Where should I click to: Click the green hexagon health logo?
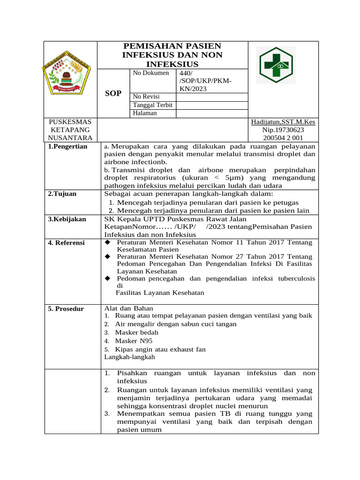277,65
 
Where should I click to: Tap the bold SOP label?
113,93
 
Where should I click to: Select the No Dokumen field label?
150,73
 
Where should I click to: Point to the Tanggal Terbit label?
153,105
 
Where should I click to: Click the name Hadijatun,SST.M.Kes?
283,122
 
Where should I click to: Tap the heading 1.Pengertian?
67,146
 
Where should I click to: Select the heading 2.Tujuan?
62,194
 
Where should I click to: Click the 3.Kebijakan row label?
67,219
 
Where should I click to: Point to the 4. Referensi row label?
66,242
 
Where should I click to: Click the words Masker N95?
134,341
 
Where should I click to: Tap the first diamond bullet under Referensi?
107,242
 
